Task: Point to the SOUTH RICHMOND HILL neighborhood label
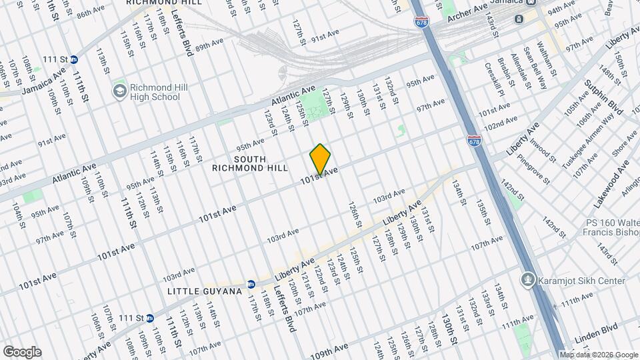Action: tap(239, 163)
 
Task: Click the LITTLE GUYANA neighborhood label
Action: tap(199, 292)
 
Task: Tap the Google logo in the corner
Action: tap(22, 352)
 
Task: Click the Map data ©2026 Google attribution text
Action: tap(598, 355)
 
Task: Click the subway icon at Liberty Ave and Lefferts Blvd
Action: tap(251, 284)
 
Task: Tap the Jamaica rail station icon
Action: tap(519, 19)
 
